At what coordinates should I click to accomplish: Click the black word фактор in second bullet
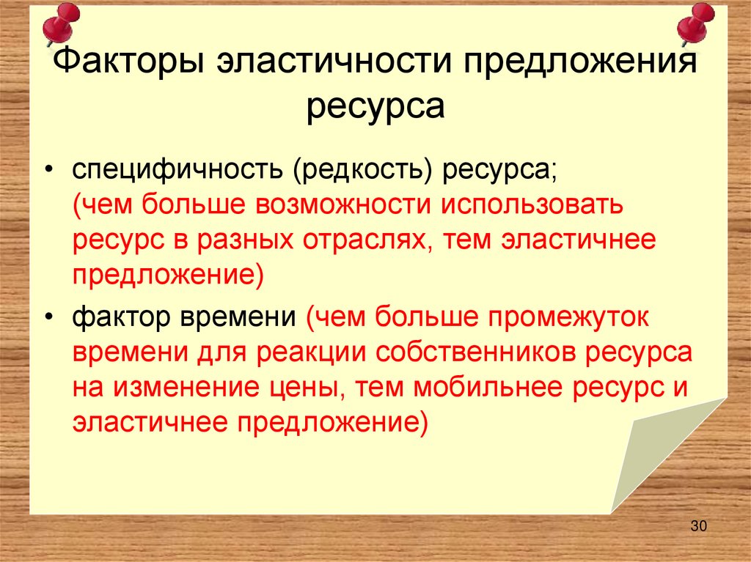pos(117,317)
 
